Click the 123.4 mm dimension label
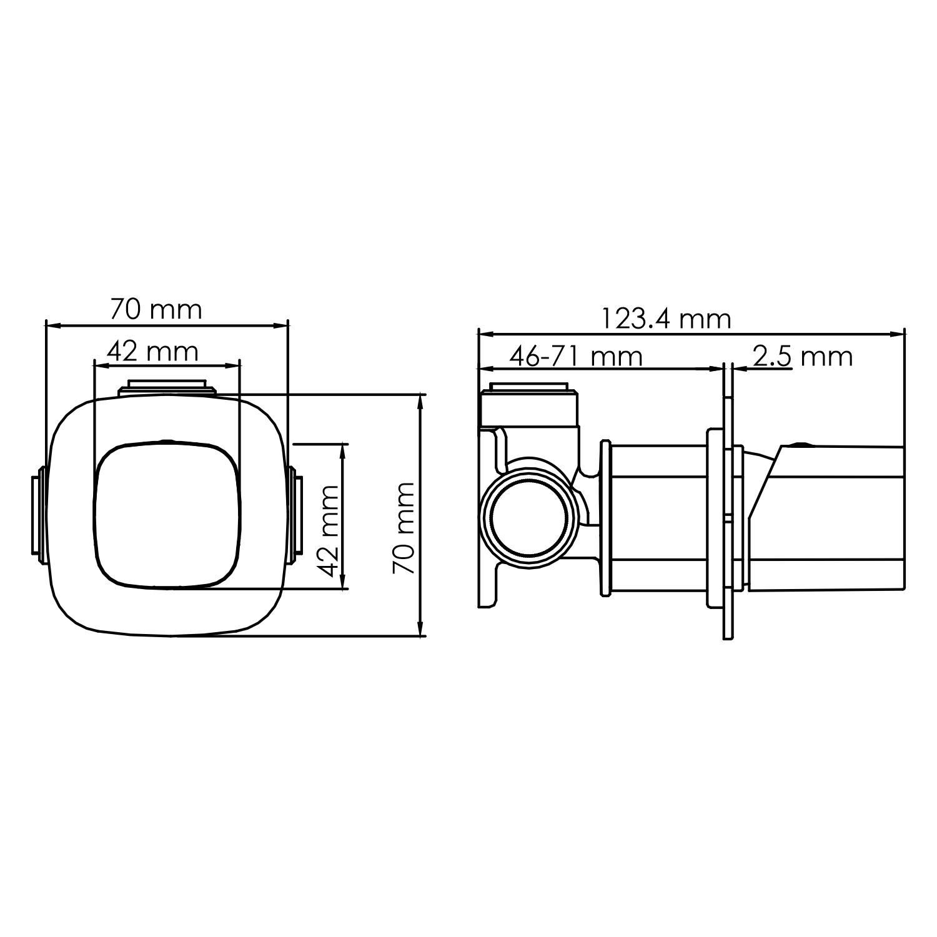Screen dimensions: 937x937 click(666, 320)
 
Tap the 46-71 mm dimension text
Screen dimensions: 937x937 click(575, 357)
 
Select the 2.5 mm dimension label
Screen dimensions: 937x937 click(802, 357)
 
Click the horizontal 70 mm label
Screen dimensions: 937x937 click(156, 309)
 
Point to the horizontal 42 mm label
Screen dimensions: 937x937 click(152, 352)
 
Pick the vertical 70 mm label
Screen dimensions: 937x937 click(404, 528)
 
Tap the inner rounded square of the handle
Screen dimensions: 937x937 click(167, 515)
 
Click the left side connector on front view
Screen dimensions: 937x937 click(38, 515)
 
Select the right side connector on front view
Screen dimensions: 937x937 click(295, 515)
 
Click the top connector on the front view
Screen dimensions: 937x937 click(167, 387)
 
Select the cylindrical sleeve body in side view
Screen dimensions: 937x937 click(659, 518)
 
